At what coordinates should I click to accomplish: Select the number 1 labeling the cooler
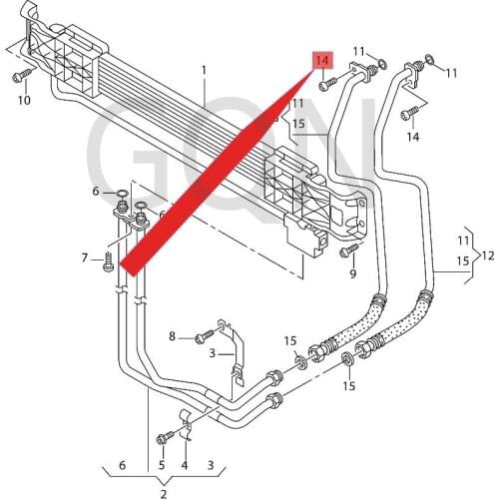click(204, 70)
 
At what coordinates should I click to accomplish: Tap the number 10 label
click(24, 100)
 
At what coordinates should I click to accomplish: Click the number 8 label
click(172, 336)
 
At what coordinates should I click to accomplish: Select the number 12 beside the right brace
click(488, 255)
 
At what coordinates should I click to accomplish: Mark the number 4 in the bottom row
click(185, 465)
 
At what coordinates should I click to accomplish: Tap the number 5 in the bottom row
click(162, 465)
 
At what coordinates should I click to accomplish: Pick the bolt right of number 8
click(201, 335)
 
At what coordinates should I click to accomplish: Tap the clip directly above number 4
click(186, 419)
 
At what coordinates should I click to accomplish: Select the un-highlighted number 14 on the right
click(412, 137)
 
